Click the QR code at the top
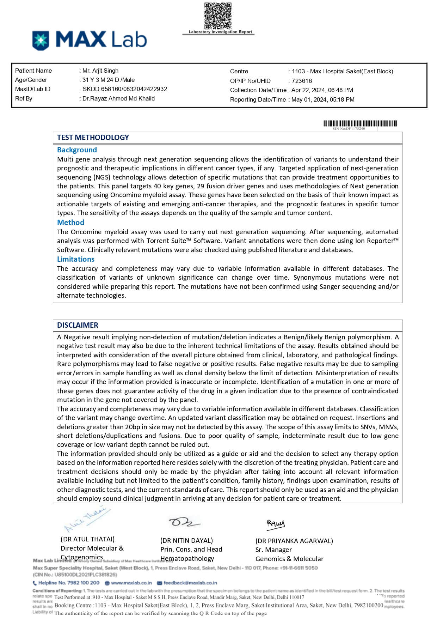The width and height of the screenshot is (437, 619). pyautogui.click(x=218, y=16)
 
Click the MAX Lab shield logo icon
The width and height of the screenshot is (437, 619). pyautogui.click(x=41, y=40)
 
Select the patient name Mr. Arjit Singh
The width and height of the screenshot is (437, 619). pyautogui.click(x=100, y=71)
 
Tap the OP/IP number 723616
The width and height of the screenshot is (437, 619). pyautogui.click(x=302, y=81)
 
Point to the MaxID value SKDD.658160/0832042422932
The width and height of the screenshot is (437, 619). pyautogui.click(x=125, y=89)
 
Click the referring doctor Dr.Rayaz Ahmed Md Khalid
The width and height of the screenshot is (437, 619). pyautogui.click(x=118, y=98)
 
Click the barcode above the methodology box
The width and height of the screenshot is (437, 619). pyautogui.click(x=360, y=123)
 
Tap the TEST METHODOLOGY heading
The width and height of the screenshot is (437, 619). pyautogui.click(x=93, y=138)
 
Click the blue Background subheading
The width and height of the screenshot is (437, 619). pyautogui.click(x=77, y=150)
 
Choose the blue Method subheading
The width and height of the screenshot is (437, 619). pyautogui.click(x=70, y=223)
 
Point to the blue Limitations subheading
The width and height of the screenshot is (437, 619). pyautogui.click(x=76, y=259)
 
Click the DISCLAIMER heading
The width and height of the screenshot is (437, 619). pyautogui.click(x=78, y=325)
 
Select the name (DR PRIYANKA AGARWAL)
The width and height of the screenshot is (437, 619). pyautogui.click(x=294, y=541)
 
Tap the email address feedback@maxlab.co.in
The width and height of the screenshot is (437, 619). pyautogui.click(x=190, y=583)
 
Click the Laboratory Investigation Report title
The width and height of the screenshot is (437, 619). pyautogui.click(x=220, y=32)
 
